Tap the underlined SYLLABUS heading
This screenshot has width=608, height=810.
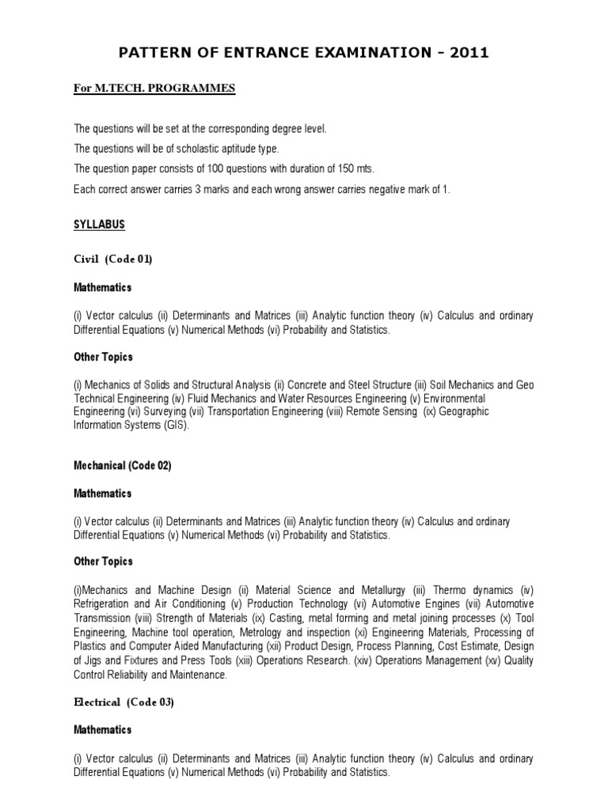99,225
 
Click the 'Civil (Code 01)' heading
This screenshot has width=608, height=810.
112,259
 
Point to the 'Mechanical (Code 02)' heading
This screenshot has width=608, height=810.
122,466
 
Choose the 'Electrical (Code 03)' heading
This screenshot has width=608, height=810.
123,702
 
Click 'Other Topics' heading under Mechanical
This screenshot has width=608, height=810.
103,562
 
